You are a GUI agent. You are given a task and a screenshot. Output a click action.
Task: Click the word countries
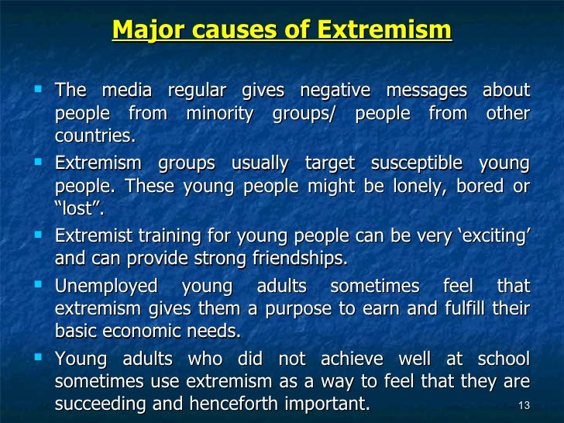click(95, 138)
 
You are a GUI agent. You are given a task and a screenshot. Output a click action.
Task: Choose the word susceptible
click(421, 163)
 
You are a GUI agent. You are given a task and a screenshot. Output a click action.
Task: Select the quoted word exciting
click(493, 235)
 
